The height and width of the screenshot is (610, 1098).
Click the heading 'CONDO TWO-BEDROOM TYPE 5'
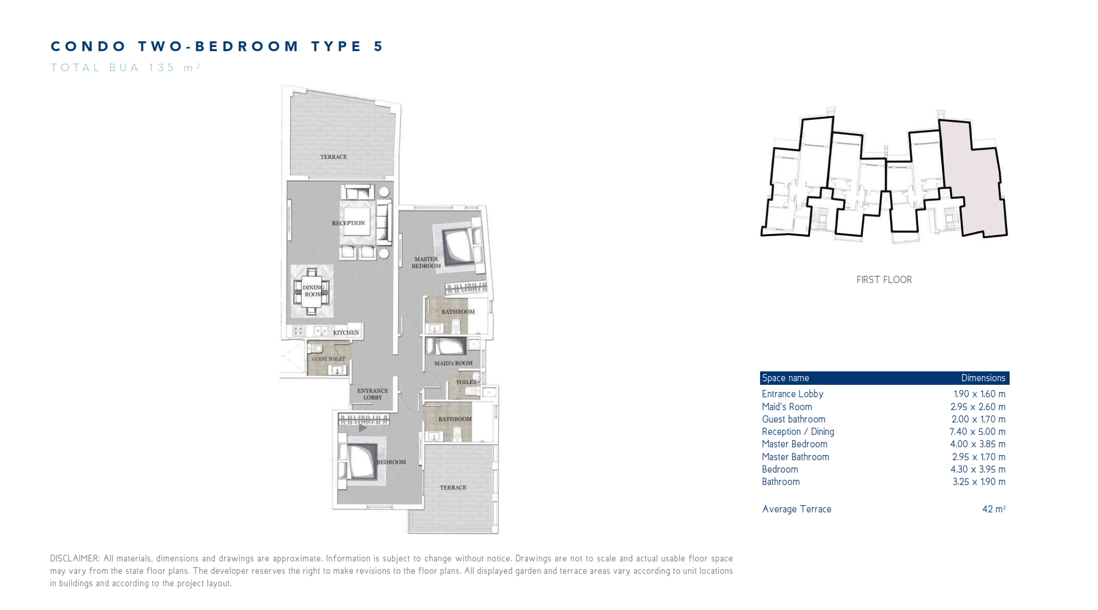point(217,46)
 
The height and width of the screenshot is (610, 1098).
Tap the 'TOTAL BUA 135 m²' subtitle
point(126,68)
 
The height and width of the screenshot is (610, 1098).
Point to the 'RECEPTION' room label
point(348,223)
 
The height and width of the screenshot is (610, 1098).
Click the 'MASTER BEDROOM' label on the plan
point(426,262)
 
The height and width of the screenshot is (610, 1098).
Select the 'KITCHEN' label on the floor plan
point(346,333)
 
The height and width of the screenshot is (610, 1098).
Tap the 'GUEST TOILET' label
point(328,359)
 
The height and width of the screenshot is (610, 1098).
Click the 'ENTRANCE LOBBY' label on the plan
point(373,394)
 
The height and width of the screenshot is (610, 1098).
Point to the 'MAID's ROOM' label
point(453,363)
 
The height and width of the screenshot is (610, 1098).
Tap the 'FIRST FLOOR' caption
point(884,280)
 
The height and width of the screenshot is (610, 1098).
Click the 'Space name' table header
point(785,378)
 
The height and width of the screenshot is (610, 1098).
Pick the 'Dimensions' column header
point(983,378)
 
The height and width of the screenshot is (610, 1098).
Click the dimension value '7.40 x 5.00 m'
point(978,432)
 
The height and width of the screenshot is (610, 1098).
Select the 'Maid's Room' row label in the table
point(787,407)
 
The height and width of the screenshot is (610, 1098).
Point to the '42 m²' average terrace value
point(994,509)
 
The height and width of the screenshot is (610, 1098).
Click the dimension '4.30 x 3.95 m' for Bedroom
point(978,470)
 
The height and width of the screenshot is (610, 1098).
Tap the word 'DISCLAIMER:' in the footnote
point(75,559)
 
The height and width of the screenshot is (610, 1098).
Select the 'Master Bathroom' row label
point(795,457)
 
